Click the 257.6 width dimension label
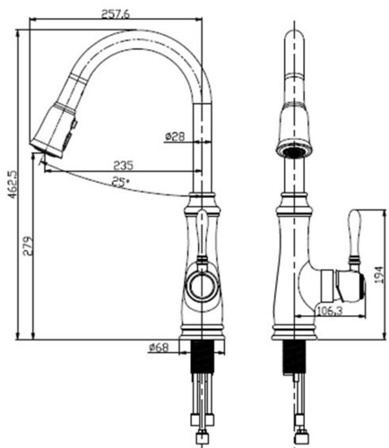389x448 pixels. pyautogui.click(x=116, y=14)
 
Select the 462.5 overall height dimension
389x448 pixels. pyautogui.click(x=13, y=185)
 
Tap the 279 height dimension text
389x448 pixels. pyautogui.click(x=28, y=246)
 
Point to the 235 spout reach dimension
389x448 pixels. pyautogui.click(x=123, y=165)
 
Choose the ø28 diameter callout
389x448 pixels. pyautogui.click(x=175, y=136)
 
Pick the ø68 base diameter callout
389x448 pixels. pyautogui.click(x=159, y=348)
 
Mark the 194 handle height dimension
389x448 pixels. pyautogui.click(x=378, y=275)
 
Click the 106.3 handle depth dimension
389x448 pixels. pyautogui.click(x=329, y=311)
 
